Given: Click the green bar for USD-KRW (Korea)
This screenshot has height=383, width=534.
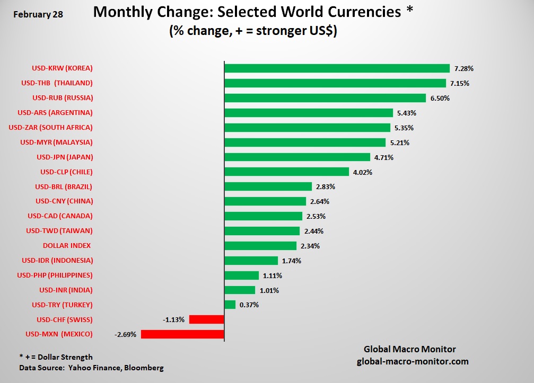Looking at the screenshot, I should (x=337, y=68).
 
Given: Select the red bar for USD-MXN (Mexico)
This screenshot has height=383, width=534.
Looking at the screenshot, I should (x=182, y=334).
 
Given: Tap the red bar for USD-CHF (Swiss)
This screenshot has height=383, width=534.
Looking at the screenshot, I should (x=207, y=319).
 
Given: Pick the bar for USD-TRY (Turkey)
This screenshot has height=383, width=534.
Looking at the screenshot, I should (x=230, y=305).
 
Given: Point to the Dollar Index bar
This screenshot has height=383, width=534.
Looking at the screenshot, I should (x=260, y=246).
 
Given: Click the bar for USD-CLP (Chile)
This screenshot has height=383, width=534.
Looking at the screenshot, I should (x=287, y=172).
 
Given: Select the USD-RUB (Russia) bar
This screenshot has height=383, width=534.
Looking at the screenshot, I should (x=325, y=98).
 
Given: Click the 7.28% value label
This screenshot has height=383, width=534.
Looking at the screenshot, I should (x=463, y=69).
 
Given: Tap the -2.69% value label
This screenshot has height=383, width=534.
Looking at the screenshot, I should (x=125, y=335).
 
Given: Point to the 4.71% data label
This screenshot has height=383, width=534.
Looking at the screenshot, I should (x=384, y=157).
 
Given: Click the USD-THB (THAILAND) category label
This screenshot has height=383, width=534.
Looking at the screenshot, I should (x=57, y=83).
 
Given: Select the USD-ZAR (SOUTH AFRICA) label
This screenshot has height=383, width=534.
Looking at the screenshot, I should (x=51, y=127).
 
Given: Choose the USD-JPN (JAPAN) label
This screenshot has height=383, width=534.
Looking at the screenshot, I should (x=65, y=157).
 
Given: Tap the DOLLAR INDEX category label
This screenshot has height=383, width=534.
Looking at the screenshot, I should (x=67, y=246).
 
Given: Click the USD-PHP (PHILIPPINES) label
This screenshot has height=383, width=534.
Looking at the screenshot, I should (x=55, y=275).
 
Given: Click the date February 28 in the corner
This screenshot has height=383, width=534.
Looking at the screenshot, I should (x=38, y=14).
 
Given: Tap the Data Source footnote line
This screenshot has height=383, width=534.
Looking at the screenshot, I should (x=91, y=368).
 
